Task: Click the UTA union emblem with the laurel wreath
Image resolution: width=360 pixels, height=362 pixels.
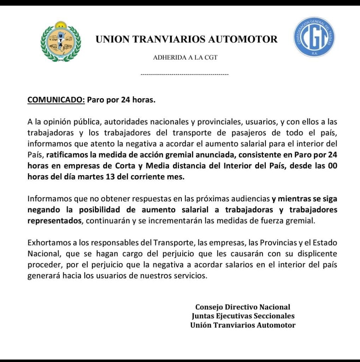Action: pos(61,41)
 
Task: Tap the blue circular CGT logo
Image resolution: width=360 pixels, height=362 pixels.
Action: pos(314,37)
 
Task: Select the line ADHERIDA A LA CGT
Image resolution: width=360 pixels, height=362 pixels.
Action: pos(185,58)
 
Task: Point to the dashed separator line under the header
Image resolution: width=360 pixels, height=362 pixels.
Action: pos(185,75)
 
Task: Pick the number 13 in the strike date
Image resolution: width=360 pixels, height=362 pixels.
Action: pos(109,177)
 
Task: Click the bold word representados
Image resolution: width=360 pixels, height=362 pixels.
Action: pos(54,221)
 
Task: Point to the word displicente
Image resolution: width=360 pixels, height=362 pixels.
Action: pos(314,254)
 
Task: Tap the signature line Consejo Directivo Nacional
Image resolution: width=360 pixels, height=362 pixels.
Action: pos(243,307)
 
